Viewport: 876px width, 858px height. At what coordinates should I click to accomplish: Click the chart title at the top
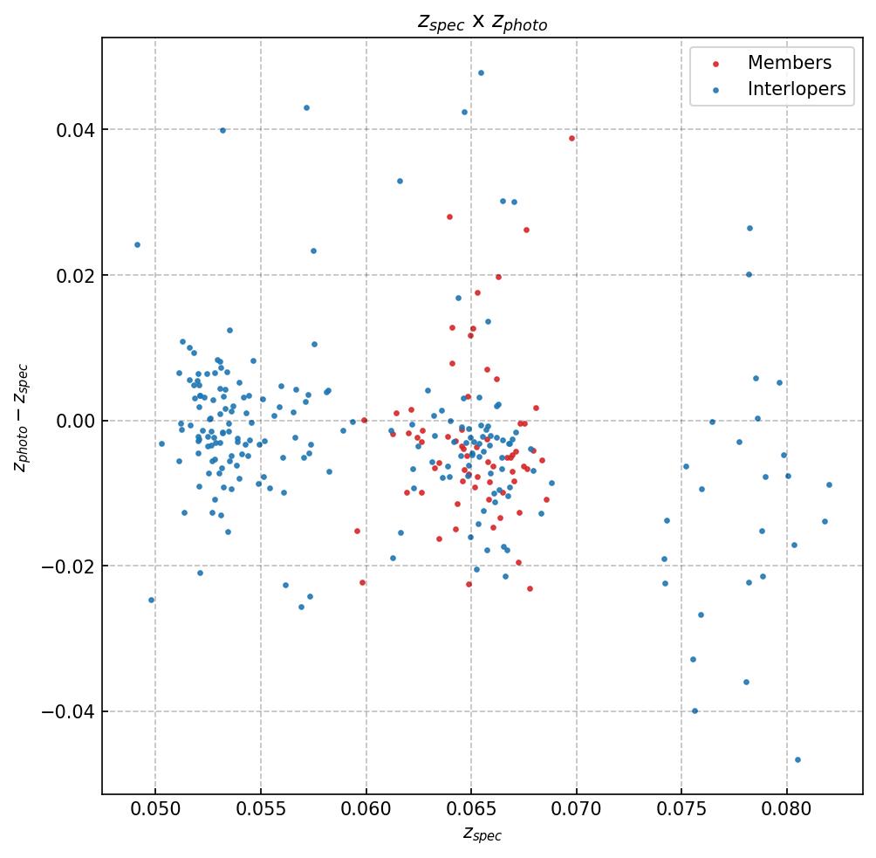click(x=482, y=23)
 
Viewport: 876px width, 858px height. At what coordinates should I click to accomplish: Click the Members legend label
click(x=789, y=63)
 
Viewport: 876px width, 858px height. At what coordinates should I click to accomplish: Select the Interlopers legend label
click(x=796, y=89)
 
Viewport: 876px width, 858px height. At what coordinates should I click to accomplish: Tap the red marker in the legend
click(x=715, y=64)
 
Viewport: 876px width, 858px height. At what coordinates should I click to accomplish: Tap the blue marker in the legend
click(x=715, y=90)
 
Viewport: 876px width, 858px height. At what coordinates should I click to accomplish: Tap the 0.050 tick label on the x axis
click(x=155, y=812)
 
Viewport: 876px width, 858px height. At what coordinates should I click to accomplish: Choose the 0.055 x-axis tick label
click(x=261, y=812)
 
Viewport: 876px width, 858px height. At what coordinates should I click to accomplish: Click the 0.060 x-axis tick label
click(x=366, y=812)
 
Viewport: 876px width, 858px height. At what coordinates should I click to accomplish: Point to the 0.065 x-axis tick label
click(x=471, y=812)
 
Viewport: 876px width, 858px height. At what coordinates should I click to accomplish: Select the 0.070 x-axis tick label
click(x=577, y=812)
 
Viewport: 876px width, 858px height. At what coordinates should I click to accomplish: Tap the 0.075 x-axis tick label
click(x=681, y=812)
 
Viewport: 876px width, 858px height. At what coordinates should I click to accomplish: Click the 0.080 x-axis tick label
click(x=787, y=812)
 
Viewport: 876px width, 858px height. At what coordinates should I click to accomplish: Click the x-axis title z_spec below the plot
click(x=482, y=835)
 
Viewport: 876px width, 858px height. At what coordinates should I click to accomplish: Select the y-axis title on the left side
click(x=22, y=417)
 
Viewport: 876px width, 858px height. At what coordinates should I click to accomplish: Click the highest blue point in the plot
click(x=481, y=72)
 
